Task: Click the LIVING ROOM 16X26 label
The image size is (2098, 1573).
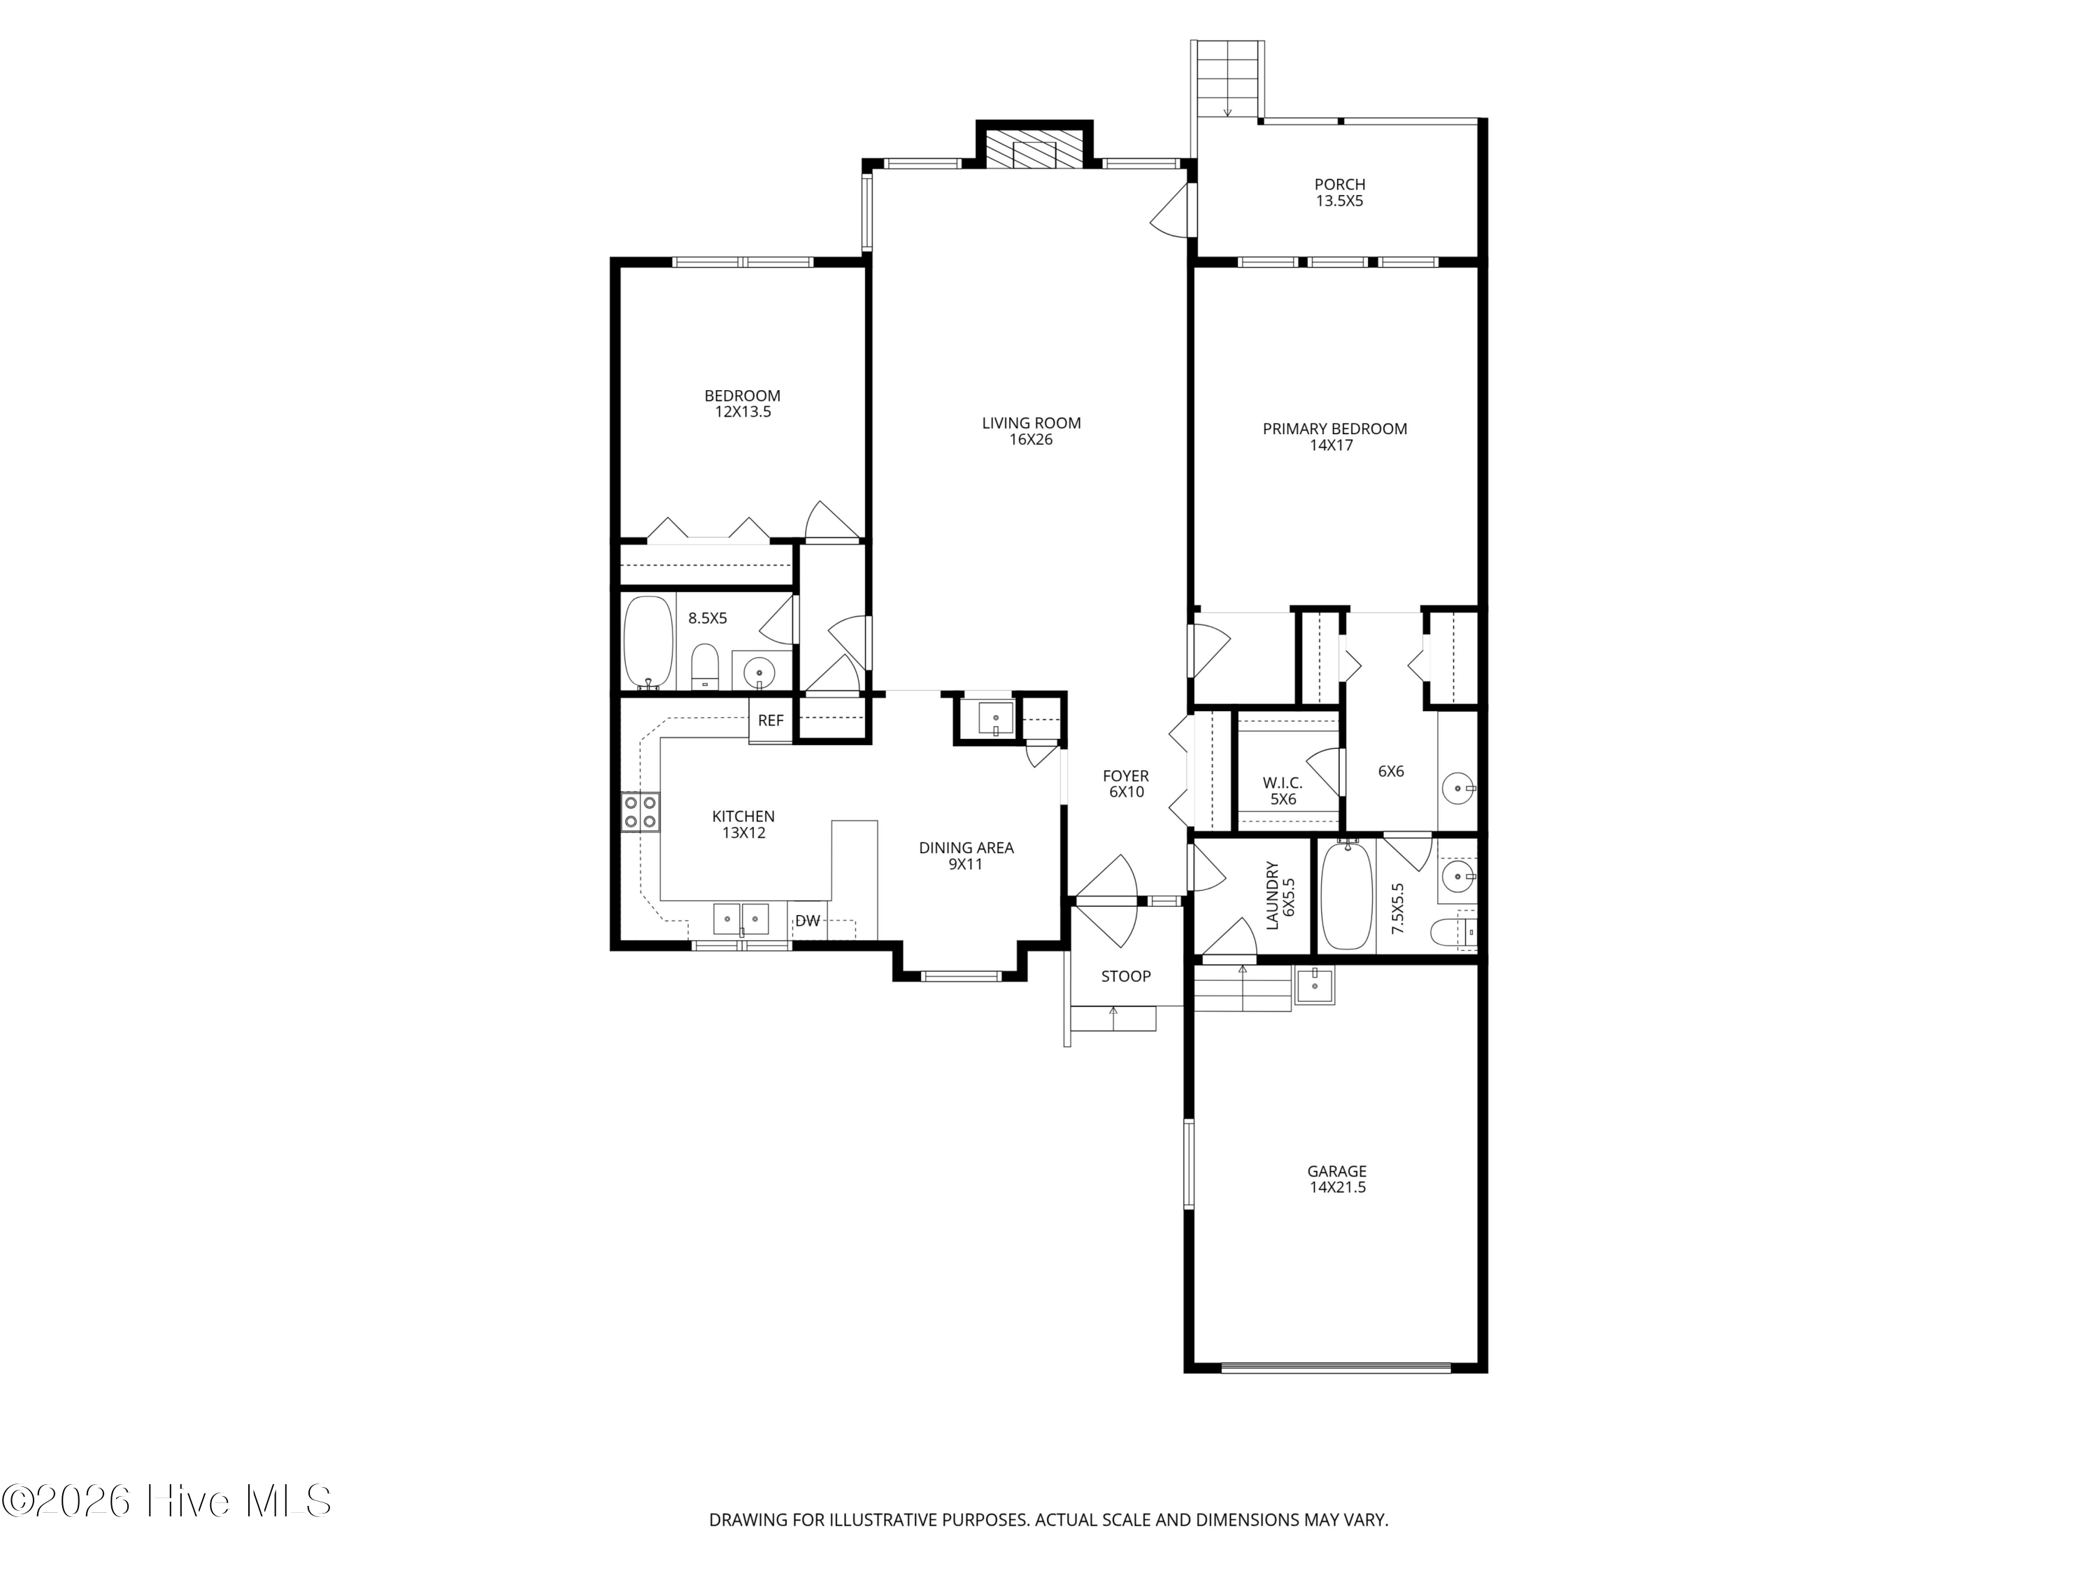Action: (x=1031, y=431)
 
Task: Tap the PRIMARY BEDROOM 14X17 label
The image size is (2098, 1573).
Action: (x=1334, y=437)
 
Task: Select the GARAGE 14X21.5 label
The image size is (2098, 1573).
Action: (x=1336, y=1179)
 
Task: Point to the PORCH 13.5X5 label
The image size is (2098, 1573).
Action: (x=1339, y=192)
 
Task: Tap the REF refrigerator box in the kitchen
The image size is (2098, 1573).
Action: (x=770, y=721)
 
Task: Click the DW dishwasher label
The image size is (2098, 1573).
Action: (x=807, y=921)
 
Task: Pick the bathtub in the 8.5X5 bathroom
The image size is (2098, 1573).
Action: (x=649, y=642)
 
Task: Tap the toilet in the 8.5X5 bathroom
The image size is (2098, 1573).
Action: (x=705, y=666)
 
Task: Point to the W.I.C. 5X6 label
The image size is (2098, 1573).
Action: (x=1283, y=791)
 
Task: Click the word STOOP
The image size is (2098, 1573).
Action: (x=1126, y=977)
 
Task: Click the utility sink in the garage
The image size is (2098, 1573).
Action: (x=1315, y=985)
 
